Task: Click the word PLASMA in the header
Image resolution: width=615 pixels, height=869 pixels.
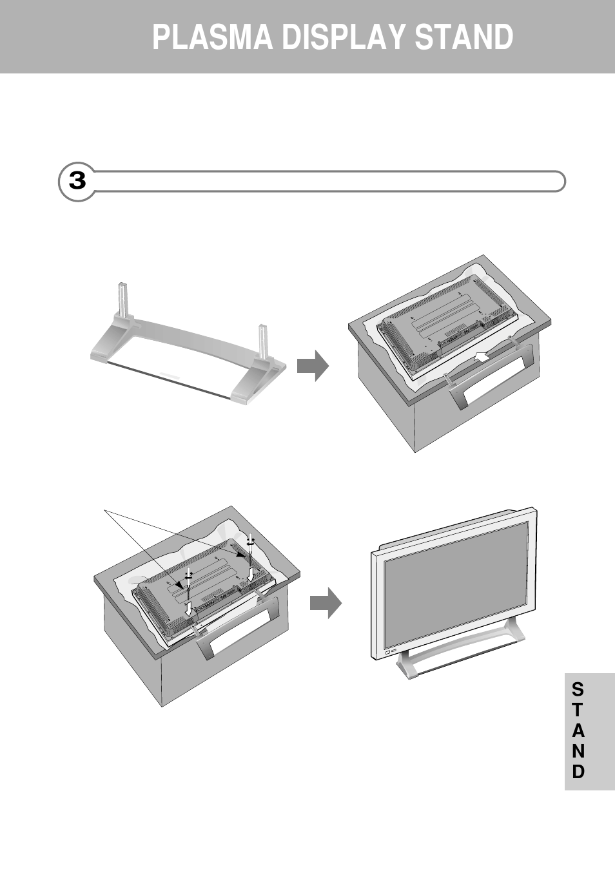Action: [x=212, y=37]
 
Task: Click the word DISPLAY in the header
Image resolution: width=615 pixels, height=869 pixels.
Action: [x=346, y=37]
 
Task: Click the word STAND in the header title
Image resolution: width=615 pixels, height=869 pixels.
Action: [x=464, y=37]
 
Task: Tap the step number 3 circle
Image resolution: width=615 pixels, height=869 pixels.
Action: [x=77, y=182]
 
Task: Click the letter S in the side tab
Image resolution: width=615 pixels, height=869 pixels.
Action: [x=578, y=689]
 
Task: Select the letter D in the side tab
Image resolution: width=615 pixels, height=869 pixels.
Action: [x=578, y=772]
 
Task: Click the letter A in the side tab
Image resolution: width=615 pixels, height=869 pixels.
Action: [x=578, y=731]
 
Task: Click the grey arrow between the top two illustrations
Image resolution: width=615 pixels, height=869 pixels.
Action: [x=313, y=366]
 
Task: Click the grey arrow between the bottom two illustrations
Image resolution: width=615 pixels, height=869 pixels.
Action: [x=326, y=603]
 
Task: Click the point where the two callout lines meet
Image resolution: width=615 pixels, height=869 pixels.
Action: [x=106, y=511]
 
